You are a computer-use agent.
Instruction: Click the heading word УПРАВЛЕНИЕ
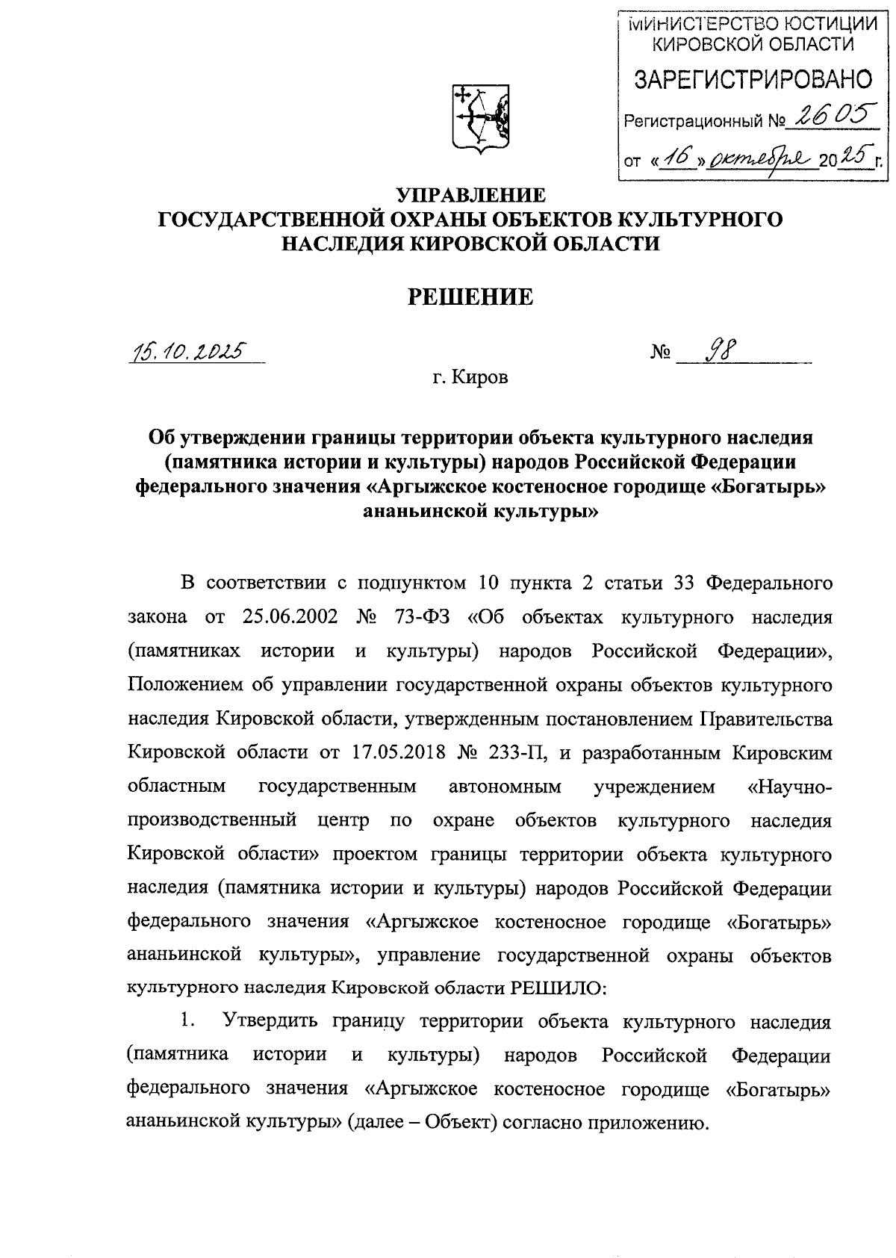470,196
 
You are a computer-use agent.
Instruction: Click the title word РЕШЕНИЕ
470,297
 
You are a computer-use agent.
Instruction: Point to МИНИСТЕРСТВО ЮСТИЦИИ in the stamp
753,25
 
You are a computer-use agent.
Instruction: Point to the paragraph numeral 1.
189,1021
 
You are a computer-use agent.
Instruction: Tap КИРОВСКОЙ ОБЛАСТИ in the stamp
753,46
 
